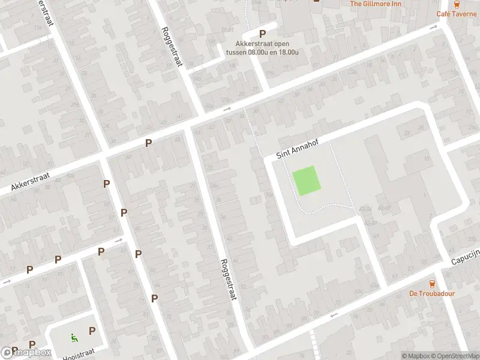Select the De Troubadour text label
432,293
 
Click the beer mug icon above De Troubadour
432,283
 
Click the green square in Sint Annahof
306,181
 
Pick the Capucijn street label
466,256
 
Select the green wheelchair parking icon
74,337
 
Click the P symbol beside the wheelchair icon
92,331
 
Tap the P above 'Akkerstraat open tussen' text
262,34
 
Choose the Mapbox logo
26,353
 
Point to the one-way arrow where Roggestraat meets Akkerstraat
227,109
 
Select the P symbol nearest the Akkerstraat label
106,184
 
